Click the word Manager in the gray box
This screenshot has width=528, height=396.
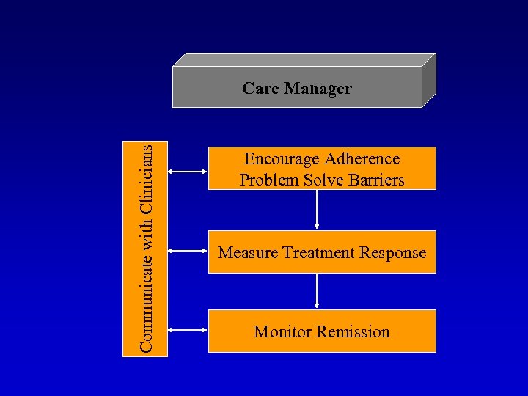pos(318,89)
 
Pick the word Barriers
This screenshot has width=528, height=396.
pos(374,180)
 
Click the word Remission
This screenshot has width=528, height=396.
pos(354,332)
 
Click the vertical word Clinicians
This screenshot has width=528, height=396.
pos(147,179)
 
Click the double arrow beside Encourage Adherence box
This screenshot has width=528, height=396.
pos(188,172)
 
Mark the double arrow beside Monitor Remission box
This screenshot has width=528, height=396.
pos(188,331)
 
